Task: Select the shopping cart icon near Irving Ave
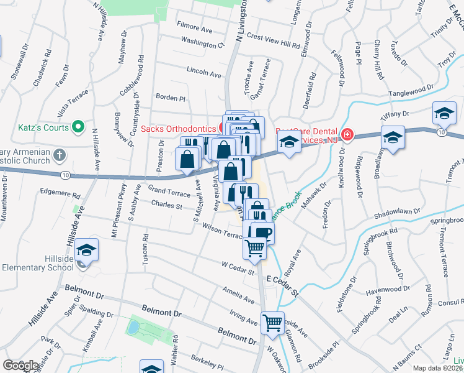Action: [x=272, y=323]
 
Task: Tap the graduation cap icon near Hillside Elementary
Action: [x=87, y=250]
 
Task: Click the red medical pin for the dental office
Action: [x=346, y=134]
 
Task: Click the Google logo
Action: [x=20, y=366]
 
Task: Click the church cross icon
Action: [x=59, y=154]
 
